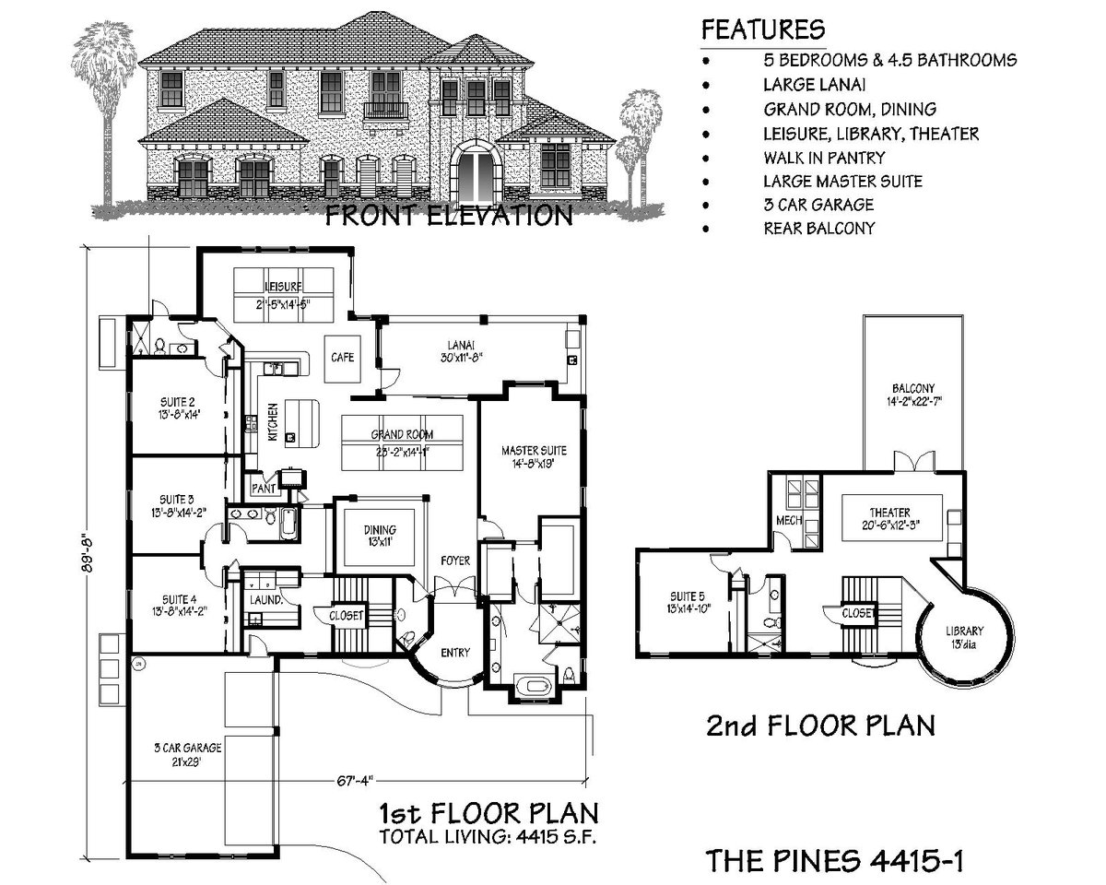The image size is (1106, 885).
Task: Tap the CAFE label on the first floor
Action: pyautogui.click(x=339, y=357)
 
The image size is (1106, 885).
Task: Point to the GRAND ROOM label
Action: pyautogui.click(x=402, y=441)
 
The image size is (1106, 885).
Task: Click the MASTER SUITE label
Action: pyautogui.click(x=534, y=457)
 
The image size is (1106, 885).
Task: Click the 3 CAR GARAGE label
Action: pyautogui.click(x=178, y=756)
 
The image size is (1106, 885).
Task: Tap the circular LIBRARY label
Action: pyautogui.click(x=964, y=637)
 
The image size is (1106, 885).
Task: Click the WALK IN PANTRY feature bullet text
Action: pyautogui.click(x=823, y=158)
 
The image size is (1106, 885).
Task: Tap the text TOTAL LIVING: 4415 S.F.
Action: pyautogui.click(x=488, y=837)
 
